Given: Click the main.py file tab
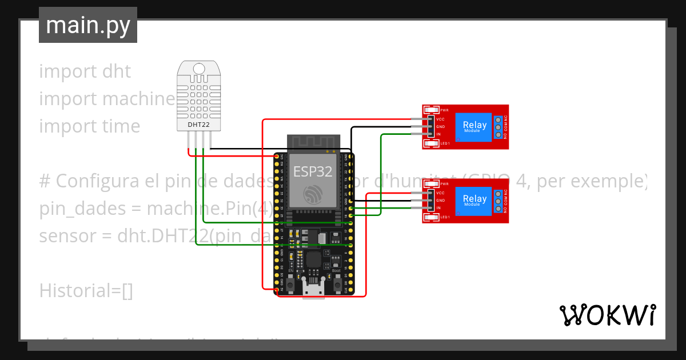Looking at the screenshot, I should coord(87,25).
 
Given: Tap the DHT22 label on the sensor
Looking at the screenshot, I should coord(198,124).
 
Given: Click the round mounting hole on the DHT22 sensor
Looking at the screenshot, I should coord(199,69).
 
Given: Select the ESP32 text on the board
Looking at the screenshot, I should coord(313,171).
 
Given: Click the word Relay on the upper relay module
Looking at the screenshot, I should coord(474,125).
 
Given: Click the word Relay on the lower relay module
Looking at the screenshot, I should coord(474,199).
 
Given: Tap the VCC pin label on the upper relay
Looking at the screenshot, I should coord(440,119).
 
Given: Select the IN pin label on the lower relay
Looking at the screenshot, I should coord(438,208).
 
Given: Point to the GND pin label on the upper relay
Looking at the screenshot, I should coord(440,126).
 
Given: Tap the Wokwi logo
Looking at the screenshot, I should coord(607,315).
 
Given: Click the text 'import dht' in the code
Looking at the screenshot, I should coord(85,71).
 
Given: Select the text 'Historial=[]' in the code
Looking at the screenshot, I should coord(86,291).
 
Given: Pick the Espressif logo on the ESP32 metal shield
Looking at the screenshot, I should coord(313,195).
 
